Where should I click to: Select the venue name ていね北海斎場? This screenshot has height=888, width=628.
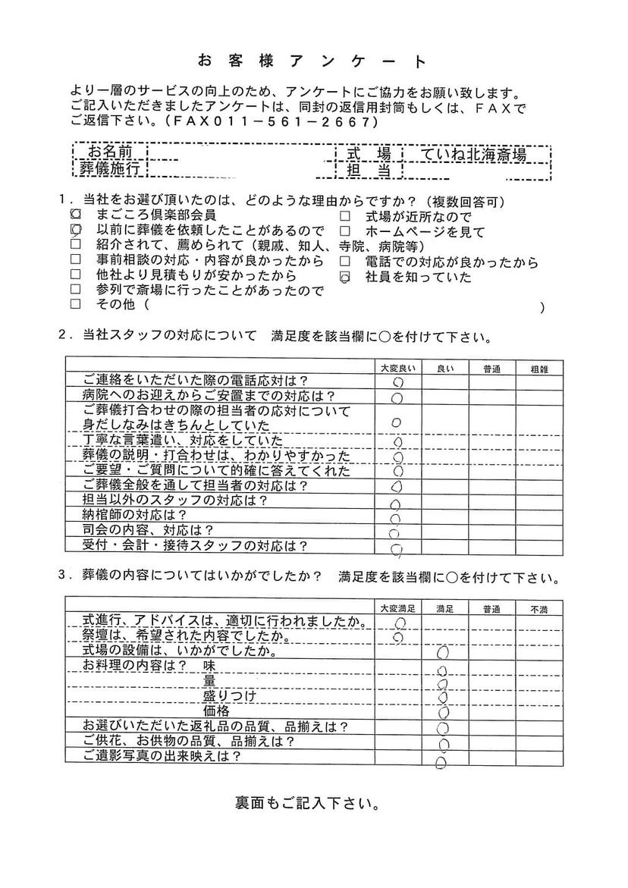(x=473, y=155)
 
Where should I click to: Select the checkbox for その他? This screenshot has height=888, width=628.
(x=76, y=305)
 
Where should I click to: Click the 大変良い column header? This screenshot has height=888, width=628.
(x=397, y=368)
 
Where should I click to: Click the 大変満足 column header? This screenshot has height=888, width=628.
(x=397, y=609)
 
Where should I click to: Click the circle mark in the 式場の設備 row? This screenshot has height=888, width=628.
(x=444, y=651)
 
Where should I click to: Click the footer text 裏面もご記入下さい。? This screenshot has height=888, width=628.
(x=308, y=802)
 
